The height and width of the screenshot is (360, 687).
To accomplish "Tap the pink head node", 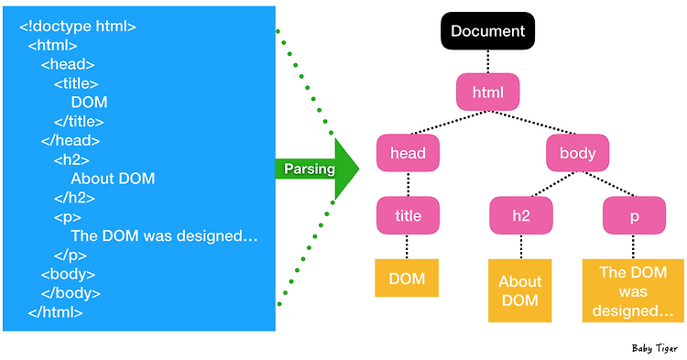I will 408,153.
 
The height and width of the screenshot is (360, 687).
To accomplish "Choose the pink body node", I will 578,153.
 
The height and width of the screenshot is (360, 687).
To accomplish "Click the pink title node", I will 408,215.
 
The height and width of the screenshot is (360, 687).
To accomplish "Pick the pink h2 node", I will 520,215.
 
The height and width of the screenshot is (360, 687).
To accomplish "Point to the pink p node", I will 634,215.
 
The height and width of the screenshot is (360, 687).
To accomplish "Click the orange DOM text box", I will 408,278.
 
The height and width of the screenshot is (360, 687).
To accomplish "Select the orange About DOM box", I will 520,290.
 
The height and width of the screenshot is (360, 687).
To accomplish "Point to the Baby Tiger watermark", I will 654,348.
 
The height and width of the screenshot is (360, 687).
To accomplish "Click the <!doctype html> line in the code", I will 78,26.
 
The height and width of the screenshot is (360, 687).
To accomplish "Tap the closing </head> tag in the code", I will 71,140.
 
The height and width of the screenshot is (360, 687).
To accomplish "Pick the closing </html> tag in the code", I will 55,312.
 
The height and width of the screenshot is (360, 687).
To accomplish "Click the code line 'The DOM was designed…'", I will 164,236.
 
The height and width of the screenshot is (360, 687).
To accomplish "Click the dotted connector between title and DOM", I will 408,245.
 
